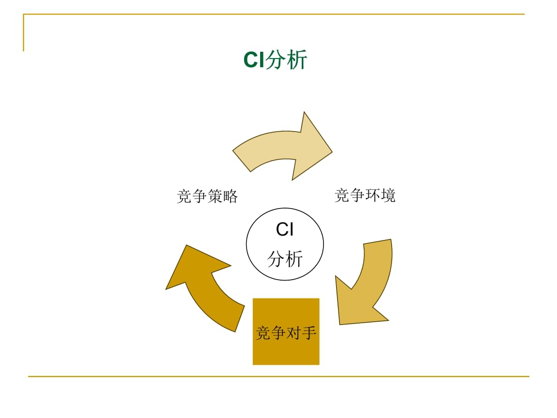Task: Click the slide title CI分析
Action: point(275,60)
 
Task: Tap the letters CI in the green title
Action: point(254,60)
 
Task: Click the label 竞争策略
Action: point(207,196)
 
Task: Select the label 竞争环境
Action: point(365,195)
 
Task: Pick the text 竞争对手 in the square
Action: point(286,333)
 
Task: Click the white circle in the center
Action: point(285,244)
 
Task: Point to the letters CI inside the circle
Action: point(285,229)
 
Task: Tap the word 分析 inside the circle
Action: point(285,259)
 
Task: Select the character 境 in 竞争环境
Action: point(388,195)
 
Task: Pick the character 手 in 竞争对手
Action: point(309,333)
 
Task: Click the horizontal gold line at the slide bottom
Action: point(278,376)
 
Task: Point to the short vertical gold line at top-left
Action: point(23,33)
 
